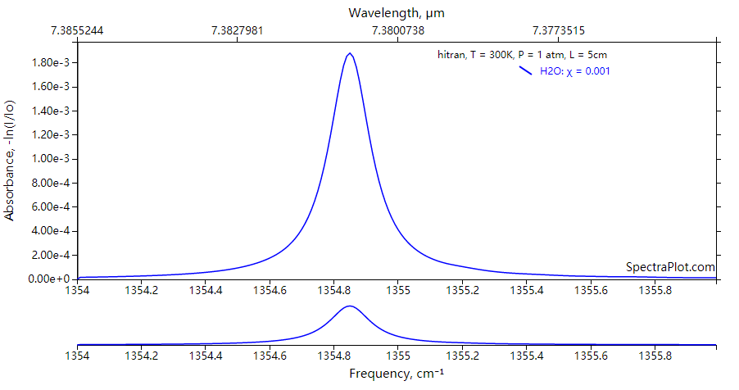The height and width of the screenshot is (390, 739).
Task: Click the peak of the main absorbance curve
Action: coord(350,54)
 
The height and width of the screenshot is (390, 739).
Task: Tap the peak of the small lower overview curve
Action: coord(350,306)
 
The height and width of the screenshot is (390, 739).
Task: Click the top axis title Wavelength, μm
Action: coord(397,12)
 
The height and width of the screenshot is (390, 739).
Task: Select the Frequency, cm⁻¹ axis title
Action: coord(397,374)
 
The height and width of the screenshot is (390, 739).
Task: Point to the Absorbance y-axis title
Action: coord(10,161)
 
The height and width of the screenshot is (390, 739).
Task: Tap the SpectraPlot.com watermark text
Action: coord(670,267)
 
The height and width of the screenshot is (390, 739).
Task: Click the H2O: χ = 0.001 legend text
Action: coord(575,71)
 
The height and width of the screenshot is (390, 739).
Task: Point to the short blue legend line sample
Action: coord(525,70)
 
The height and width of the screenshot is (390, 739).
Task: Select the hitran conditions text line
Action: coord(521,55)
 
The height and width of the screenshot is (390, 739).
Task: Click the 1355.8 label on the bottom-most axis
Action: coord(655,356)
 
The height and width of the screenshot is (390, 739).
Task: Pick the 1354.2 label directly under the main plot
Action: coord(141,290)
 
